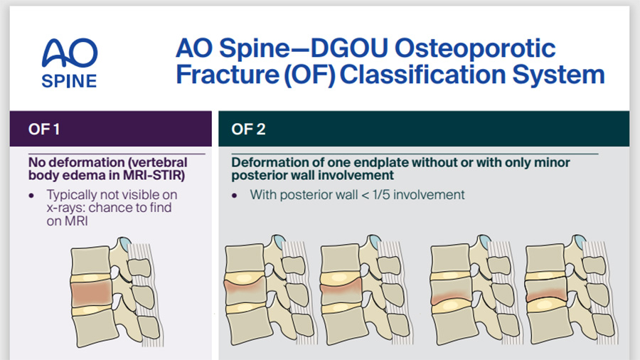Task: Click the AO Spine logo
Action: pyautogui.click(x=70, y=63)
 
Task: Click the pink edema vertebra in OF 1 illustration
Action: pyautogui.click(x=91, y=292)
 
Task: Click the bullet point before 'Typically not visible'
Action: pyautogui.click(x=31, y=194)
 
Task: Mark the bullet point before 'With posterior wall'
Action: pyautogui.click(x=235, y=194)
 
